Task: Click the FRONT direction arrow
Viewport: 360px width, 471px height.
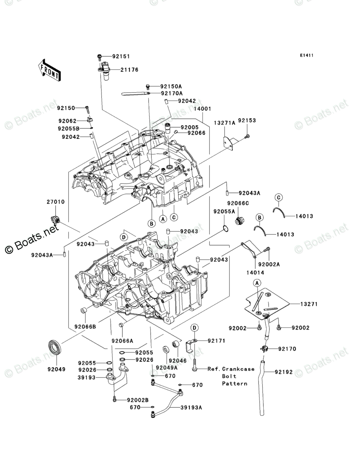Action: tap(50, 69)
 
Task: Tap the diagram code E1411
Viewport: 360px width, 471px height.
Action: tap(306, 56)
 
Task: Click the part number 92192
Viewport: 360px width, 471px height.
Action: tap(285, 372)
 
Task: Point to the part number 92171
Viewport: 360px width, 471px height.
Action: tap(216, 341)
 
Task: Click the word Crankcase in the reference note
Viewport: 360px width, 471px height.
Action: tap(238, 369)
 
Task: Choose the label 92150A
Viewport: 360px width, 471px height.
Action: tap(171, 86)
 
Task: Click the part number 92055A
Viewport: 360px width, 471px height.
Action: tap(224, 211)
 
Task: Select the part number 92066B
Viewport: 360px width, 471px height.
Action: tap(85, 326)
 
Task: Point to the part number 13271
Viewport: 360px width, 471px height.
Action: tap(309, 304)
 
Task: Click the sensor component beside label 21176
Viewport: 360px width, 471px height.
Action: tap(105, 70)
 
